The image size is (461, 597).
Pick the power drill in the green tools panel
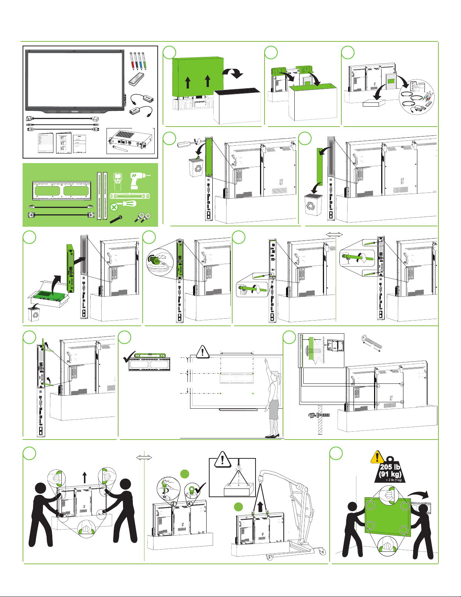(137, 180)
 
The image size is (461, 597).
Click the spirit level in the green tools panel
(130, 196)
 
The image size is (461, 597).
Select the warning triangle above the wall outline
(203, 352)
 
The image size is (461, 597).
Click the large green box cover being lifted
(198, 77)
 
